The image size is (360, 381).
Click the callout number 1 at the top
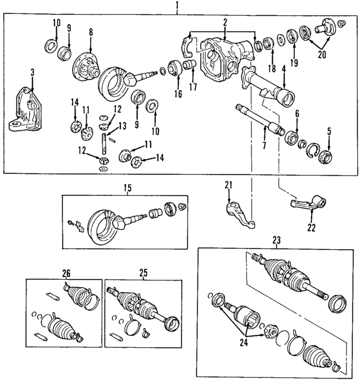(177, 6)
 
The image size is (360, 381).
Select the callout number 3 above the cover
(32, 73)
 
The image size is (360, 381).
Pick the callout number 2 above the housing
(224, 23)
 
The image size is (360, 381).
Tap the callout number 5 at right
(329, 133)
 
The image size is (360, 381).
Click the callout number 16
(178, 94)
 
